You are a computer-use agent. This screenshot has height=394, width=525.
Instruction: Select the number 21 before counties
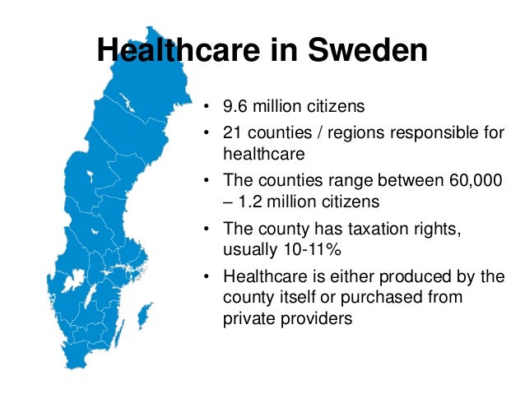pos(231,133)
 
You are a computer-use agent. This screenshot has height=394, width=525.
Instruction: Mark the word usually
pos(249,247)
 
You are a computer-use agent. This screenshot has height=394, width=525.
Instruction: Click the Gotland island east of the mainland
pos(145,313)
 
